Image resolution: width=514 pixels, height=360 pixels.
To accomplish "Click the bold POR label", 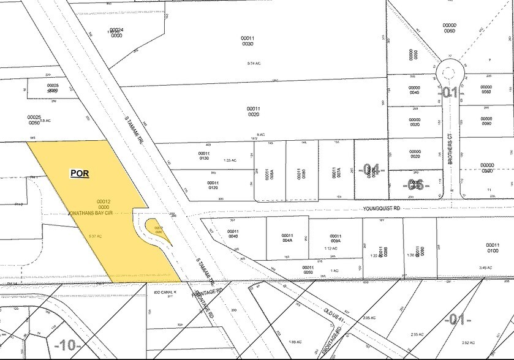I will click(x=80, y=173).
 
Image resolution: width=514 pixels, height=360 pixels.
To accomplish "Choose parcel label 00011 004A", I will click(x=287, y=238).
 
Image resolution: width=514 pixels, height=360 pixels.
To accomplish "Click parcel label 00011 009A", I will click(x=334, y=239).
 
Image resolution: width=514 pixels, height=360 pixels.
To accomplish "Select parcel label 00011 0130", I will click(x=204, y=156).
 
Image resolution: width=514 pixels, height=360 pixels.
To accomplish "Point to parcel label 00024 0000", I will click(x=116, y=32).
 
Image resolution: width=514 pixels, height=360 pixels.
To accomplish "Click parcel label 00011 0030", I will click(x=248, y=40).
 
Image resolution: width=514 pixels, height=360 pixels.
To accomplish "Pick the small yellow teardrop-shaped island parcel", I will click(x=158, y=231).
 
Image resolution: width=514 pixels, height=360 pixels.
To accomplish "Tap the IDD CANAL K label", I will click(x=165, y=293).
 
